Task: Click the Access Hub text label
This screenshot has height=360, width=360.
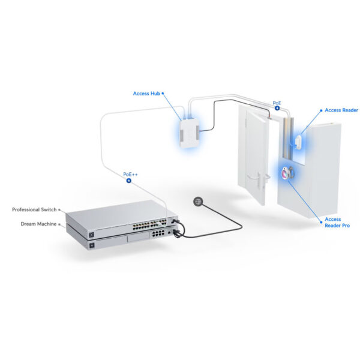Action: click(x=146, y=94)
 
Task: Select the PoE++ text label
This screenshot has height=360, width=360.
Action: click(x=131, y=174)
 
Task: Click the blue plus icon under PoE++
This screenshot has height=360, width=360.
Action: click(x=128, y=180)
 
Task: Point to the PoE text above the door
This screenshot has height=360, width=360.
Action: click(x=277, y=103)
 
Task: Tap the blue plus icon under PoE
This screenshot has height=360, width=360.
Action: click(x=277, y=109)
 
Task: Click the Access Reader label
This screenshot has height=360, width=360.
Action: click(x=341, y=110)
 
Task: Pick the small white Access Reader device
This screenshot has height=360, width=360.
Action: click(x=299, y=139)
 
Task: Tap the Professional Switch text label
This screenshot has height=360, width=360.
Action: click(x=34, y=209)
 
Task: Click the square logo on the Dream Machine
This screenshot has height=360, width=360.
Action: click(x=92, y=243)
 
